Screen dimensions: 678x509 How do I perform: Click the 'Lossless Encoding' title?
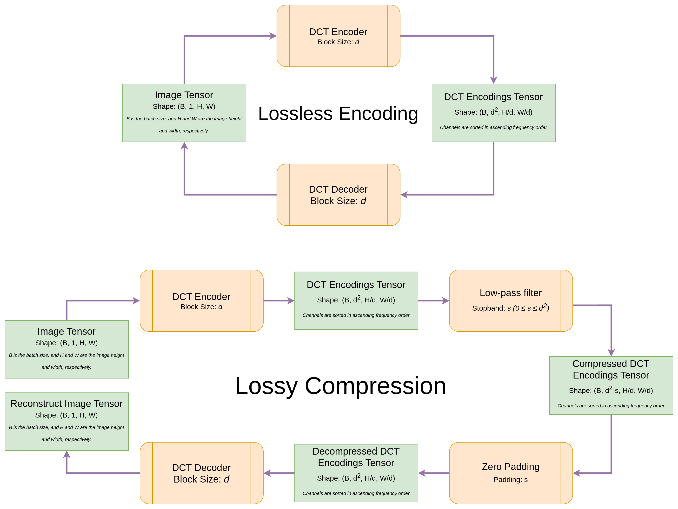[338, 114]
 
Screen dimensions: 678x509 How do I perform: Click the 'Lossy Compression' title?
[340, 386]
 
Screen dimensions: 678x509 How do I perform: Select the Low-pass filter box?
[511, 301]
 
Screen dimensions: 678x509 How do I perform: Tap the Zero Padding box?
[511, 473]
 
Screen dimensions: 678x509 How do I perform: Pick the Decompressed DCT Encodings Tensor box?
[356, 473]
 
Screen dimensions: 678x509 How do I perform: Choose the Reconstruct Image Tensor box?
[66, 421]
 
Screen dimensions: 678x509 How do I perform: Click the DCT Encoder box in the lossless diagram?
[338, 36]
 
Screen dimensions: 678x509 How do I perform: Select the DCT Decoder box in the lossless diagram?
[338, 195]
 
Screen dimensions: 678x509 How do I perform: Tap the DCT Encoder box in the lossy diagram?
[202, 301]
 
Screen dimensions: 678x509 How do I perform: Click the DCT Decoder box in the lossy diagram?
[202, 473]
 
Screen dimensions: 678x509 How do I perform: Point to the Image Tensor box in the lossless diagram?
[184, 113]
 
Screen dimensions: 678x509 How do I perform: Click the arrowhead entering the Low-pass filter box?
[445, 301]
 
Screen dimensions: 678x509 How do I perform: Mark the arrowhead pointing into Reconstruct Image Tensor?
[67, 455]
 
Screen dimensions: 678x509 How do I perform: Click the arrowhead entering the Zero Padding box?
[577, 473]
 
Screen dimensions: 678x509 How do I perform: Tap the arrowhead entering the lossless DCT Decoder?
[404, 195]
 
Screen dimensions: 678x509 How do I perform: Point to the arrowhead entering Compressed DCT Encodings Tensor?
[611, 352]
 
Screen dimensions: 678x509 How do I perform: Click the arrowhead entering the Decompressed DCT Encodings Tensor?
[422, 473]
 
